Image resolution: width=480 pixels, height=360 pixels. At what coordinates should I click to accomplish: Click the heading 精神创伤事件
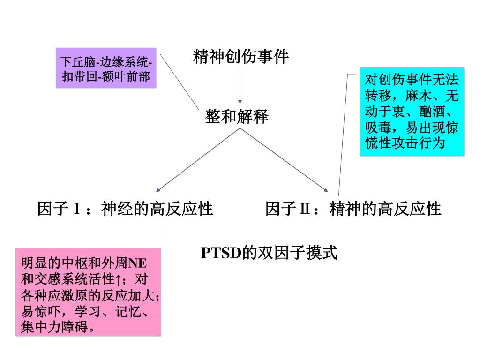pos(240,57)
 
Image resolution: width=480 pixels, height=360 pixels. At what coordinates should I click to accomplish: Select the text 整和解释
pos(237,117)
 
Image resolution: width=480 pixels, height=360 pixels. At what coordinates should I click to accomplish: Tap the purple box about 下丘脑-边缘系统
pos(106,68)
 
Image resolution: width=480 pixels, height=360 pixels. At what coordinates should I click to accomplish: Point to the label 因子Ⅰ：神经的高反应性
pos(125,208)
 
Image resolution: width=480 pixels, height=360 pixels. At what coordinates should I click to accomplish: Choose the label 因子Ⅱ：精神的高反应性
pos(353,208)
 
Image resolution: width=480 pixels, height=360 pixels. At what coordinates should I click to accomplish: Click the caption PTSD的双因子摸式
pos(269,253)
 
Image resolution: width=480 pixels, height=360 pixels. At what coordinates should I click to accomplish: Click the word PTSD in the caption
pos(221,253)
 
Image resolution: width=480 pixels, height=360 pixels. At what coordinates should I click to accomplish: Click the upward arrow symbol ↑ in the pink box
pos(118,280)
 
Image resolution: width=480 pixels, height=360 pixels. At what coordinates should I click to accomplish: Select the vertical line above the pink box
pos(165,237)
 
